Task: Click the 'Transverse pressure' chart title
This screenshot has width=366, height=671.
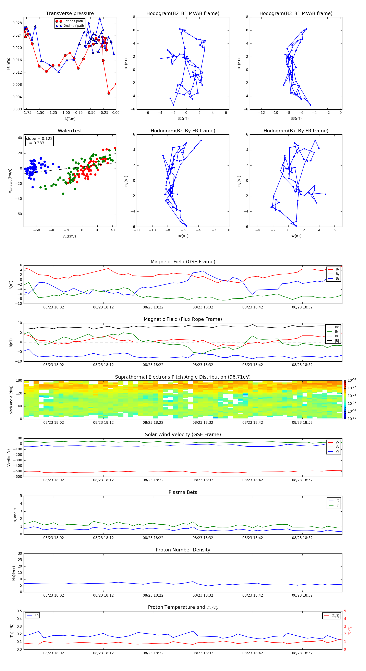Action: pos(70,14)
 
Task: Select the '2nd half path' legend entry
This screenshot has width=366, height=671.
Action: pos(74,26)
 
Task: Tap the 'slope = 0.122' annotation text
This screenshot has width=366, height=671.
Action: pos(39,139)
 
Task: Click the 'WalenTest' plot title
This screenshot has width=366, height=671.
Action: pos(70,131)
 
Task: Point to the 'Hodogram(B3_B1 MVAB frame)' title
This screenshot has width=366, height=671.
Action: pos(296,14)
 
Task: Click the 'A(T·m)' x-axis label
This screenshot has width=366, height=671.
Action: pos(70,119)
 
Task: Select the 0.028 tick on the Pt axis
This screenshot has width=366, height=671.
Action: pos(17,23)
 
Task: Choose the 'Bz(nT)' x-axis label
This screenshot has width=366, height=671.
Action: pos(183,236)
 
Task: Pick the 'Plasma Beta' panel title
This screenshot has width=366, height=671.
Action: pos(183,492)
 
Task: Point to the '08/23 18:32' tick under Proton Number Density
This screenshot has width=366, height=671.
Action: pos(203,595)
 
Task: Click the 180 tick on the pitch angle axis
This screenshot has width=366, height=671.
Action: pos(19,381)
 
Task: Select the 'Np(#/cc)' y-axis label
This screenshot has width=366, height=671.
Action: pos(14,573)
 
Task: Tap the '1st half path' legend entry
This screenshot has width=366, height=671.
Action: pos(73,21)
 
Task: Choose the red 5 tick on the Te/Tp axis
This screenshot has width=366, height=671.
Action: pos(345,611)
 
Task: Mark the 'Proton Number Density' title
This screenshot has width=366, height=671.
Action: pos(183,550)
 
